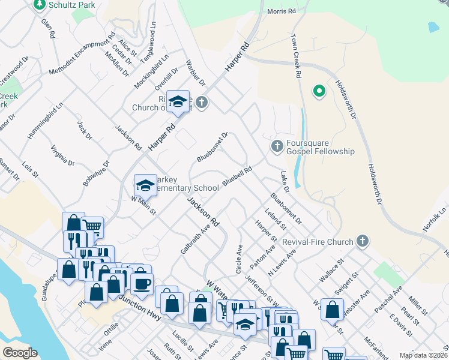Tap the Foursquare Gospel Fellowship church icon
tap(277, 146)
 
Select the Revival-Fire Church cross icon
tap(361, 242)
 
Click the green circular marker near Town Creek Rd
tap(319, 92)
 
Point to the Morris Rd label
tap(282, 11)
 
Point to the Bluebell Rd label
tap(237, 175)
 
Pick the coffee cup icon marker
tap(142, 283)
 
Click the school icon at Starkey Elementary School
tap(145, 186)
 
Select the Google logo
tap(20, 353)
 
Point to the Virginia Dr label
tap(62, 155)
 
